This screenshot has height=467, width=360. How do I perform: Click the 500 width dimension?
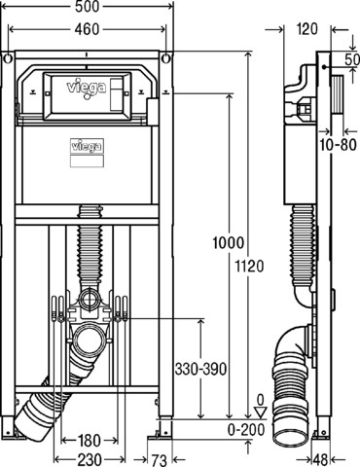click(x=87, y=7)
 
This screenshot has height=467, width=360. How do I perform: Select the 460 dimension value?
click(x=87, y=29)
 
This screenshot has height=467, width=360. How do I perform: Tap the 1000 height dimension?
click(x=228, y=242)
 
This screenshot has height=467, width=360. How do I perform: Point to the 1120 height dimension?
click(x=249, y=267)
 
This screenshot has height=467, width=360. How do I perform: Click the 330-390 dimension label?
click(x=200, y=369)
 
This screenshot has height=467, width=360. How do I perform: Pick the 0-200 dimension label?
click(x=246, y=430)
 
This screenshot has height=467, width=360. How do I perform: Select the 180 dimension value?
click(x=89, y=440)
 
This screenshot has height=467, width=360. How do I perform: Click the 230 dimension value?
click(x=90, y=460)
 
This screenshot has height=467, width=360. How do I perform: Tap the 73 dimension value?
click(x=160, y=460)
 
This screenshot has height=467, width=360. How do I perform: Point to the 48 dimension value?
click(x=320, y=460)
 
